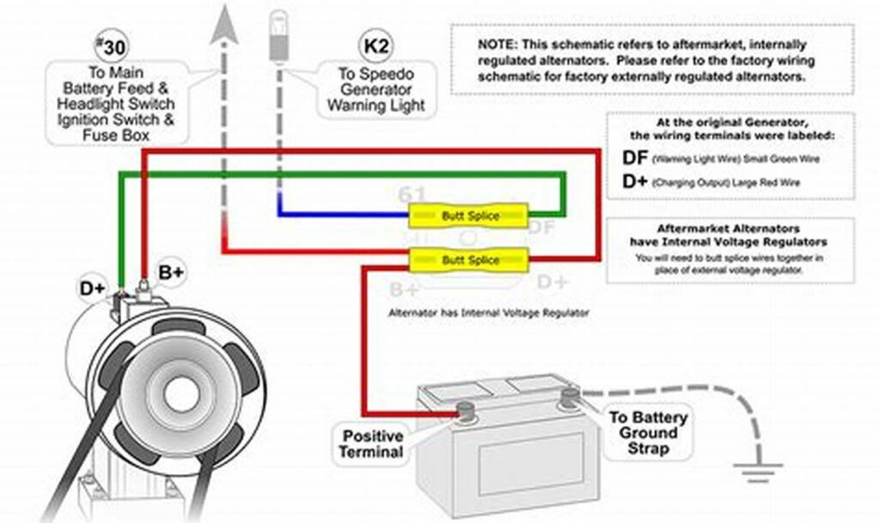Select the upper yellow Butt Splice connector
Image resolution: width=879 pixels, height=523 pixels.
[468, 215]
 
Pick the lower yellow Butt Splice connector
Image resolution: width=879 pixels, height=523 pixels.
[468, 258]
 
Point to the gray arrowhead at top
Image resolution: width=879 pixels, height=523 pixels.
[225, 22]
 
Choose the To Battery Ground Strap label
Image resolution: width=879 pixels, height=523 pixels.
[648, 432]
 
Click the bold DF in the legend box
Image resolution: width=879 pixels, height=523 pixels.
[634, 158]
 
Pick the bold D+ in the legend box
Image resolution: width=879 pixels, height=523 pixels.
[634, 182]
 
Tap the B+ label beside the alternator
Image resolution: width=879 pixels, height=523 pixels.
[172, 272]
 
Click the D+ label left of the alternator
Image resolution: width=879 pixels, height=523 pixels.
[94, 288]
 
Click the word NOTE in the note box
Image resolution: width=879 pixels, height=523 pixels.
[496, 45]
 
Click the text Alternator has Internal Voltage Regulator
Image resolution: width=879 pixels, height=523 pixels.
[489, 313]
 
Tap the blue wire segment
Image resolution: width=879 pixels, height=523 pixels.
[343, 214]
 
